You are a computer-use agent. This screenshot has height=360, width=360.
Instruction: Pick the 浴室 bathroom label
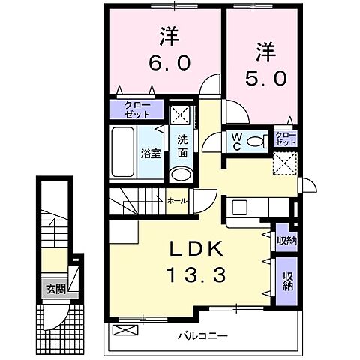[x=150, y=154]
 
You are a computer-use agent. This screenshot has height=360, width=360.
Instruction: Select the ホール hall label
[x=177, y=200]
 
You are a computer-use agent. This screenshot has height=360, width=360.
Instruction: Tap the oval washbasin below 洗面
[x=180, y=175]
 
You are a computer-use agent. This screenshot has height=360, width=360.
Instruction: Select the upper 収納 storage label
[x=285, y=240]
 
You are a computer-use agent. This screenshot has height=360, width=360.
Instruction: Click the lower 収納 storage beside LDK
[x=286, y=280]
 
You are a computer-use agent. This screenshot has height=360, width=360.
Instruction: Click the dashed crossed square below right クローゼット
[x=284, y=162]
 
